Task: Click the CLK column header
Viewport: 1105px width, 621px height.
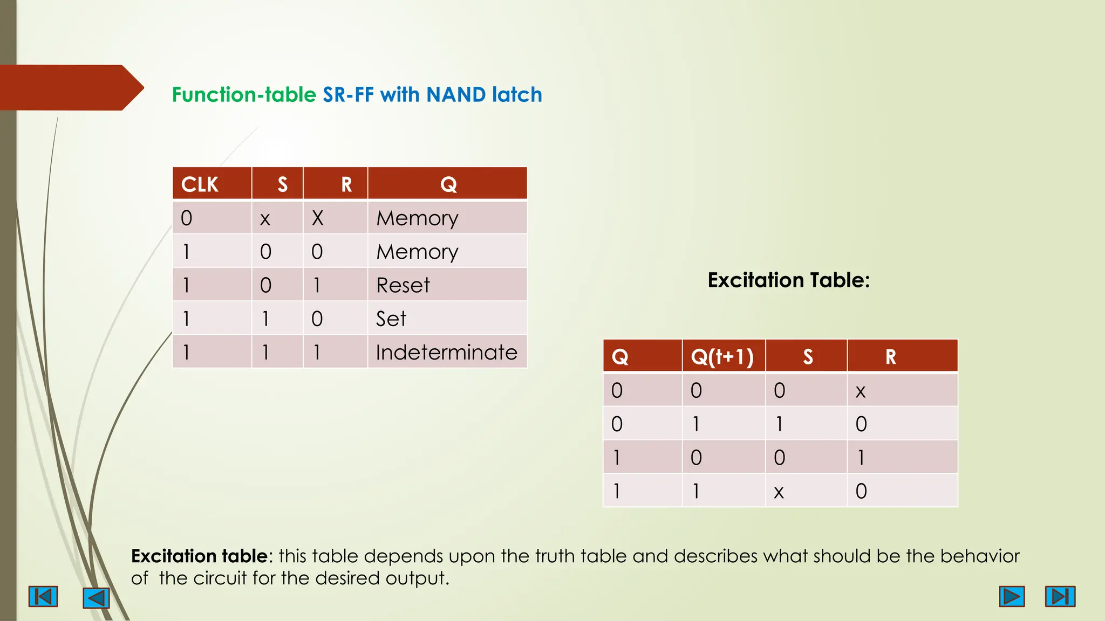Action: coord(200,184)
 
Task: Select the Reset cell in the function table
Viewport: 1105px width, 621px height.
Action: coord(403,285)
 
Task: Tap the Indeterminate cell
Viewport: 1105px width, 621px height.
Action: coord(446,352)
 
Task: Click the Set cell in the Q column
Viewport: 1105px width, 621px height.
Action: coord(391,319)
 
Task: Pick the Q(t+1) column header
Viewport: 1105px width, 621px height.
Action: coord(722,356)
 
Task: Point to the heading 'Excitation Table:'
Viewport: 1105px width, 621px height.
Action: coord(788,280)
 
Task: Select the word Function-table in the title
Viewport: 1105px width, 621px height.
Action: coord(244,95)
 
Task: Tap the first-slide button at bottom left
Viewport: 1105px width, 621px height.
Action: coord(43,597)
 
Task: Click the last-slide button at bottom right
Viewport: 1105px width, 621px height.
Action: coord(1060,596)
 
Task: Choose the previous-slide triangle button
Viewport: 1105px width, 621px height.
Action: coord(97,598)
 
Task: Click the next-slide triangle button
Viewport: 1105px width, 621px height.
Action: coord(1012,596)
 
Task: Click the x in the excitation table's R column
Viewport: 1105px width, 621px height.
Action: coord(861,391)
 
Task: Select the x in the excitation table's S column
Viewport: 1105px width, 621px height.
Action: coord(779,492)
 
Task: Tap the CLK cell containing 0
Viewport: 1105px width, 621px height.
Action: coord(187,218)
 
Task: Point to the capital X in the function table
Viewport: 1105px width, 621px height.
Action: coord(317,218)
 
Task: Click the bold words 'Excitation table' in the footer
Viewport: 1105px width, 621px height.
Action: coord(199,556)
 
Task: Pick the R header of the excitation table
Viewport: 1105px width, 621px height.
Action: coord(890,356)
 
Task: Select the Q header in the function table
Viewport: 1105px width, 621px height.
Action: coord(448,184)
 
